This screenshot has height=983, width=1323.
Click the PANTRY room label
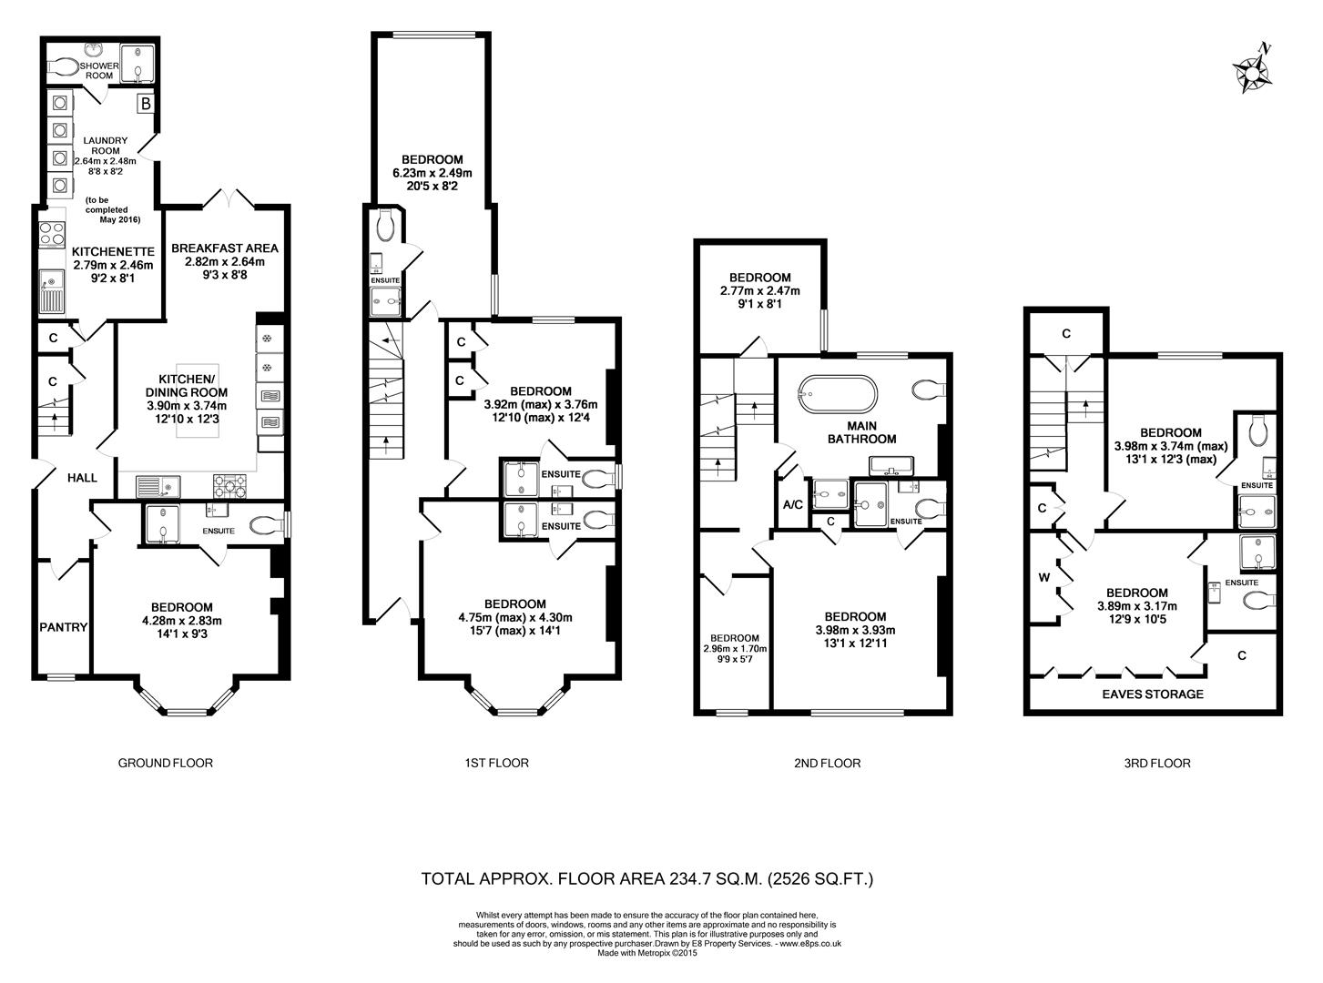click(x=63, y=627)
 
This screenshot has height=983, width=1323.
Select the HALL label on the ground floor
click(x=81, y=477)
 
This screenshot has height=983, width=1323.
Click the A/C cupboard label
click(x=792, y=505)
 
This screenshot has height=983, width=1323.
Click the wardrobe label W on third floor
click(x=1043, y=577)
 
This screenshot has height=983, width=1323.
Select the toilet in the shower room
click(x=66, y=66)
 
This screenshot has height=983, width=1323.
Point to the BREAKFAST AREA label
click(x=225, y=248)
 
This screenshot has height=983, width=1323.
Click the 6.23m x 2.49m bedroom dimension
click(x=433, y=173)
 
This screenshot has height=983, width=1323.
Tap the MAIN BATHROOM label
click(x=861, y=431)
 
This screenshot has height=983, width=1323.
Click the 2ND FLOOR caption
click(x=827, y=763)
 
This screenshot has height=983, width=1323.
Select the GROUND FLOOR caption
click(x=166, y=763)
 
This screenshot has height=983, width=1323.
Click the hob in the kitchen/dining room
click(x=230, y=487)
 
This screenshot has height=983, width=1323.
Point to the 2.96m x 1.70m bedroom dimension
click(x=735, y=649)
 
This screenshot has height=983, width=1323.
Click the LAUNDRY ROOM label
click(x=106, y=146)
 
